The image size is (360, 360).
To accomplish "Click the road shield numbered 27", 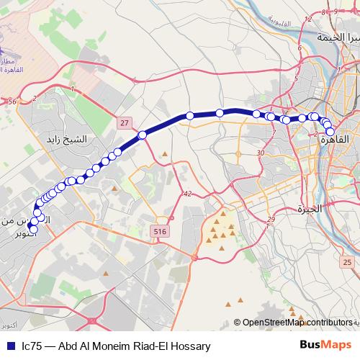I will point(126,123).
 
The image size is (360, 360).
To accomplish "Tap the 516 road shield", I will point(159,230).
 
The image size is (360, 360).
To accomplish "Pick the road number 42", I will point(187,194).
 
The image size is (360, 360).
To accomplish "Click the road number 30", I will point(261,153).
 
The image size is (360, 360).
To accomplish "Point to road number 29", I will point(271,220).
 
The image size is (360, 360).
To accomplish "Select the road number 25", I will point(347,263).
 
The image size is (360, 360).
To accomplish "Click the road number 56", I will point(12,102).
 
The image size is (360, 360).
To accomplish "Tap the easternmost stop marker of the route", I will point(330,132).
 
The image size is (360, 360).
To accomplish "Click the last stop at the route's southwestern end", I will point(33,229).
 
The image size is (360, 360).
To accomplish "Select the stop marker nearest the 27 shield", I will point(143,135).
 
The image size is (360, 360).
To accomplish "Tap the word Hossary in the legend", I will point(189,346).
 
